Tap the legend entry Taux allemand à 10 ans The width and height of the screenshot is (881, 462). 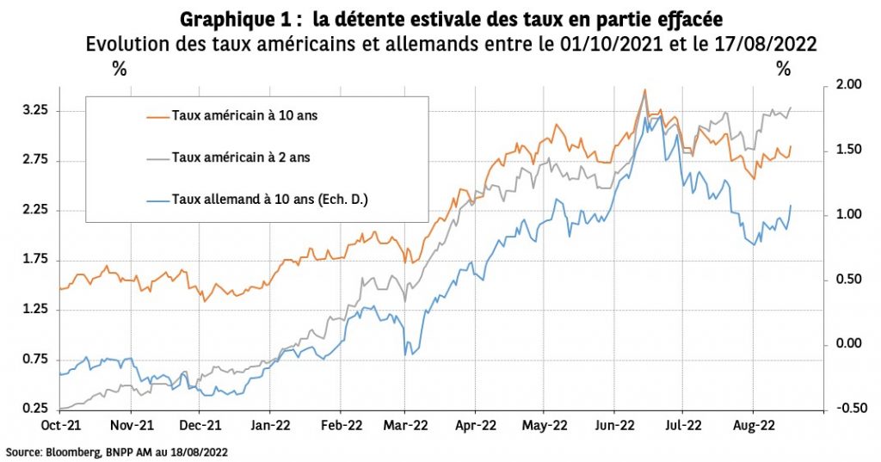click(270, 199)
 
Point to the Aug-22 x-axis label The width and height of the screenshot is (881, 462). click(754, 425)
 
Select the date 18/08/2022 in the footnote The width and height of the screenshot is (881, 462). click(199, 451)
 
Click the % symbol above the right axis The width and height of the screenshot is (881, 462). click(783, 70)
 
